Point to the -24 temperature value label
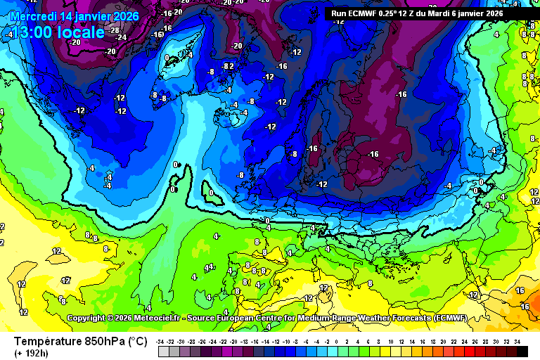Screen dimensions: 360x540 pyautogui.click(x=121, y=37)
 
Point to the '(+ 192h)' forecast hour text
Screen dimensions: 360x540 pyautogui.click(x=33, y=352)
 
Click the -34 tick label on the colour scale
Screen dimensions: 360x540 pyautogui.click(x=162, y=341)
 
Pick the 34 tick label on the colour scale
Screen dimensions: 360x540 pyautogui.click(x=516, y=341)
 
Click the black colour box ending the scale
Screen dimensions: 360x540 pyautogui.click(x=522, y=351)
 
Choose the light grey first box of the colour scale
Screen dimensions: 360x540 pyautogui.click(x=163, y=351)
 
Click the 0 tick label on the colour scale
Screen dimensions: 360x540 pyautogui.click(x=337, y=341)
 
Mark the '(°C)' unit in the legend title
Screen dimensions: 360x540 pyautogui.click(x=137, y=341)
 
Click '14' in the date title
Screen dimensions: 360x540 pyautogui.click(x=67, y=15)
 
